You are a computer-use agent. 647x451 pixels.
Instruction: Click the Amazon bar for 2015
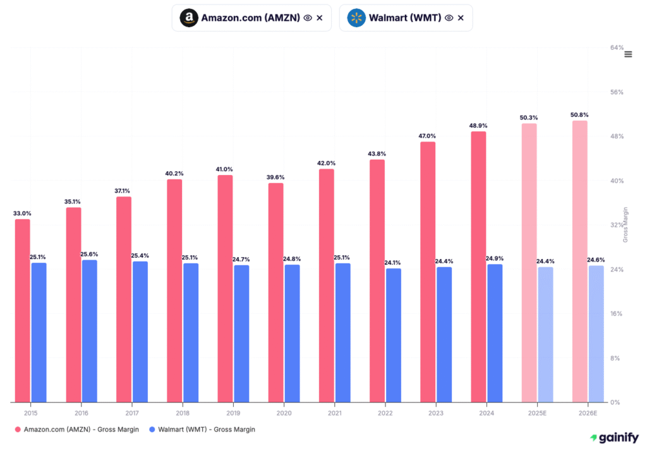coord(22,310)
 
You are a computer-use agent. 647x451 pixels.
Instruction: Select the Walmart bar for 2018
coord(191,332)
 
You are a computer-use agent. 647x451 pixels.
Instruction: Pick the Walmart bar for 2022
coord(393,335)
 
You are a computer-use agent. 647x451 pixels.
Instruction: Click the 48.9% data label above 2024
coord(478,126)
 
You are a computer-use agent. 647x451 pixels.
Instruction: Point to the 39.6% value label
coord(275,177)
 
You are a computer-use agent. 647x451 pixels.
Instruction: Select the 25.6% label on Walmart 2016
coord(89,254)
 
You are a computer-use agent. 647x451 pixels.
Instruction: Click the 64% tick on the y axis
coord(617,48)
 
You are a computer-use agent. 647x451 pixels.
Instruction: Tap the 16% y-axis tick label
coord(617,314)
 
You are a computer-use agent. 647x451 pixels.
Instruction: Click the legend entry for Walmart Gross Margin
coord(201,430)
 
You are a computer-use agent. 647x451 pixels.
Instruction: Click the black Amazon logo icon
coord(188,18)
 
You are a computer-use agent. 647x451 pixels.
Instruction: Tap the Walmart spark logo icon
coord(356,18)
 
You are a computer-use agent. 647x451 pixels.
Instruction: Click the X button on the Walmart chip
coord(461,18)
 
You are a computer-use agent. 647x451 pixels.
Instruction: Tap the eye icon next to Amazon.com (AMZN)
coord(308,18)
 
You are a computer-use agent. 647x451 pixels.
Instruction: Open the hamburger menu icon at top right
coord(628,54)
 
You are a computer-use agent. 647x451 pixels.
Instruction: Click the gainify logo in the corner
coord(614,437)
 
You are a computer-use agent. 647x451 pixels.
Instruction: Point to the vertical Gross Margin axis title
coord(626,224)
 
